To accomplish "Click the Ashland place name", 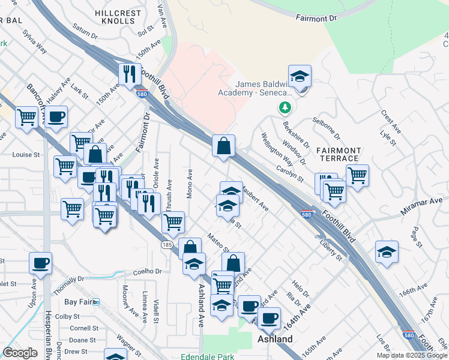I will (275, 340).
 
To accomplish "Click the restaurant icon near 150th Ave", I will (130, 75).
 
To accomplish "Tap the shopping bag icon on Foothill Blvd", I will (223, 146).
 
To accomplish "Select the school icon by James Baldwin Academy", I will (300, 77).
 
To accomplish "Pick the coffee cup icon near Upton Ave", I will (41, 263).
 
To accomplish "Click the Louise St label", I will (26, 154).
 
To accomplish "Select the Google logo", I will (20, 353).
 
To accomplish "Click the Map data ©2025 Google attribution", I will (412, 355).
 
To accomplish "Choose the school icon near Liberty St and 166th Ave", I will (387, 253).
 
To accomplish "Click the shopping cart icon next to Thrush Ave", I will (173, 223).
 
